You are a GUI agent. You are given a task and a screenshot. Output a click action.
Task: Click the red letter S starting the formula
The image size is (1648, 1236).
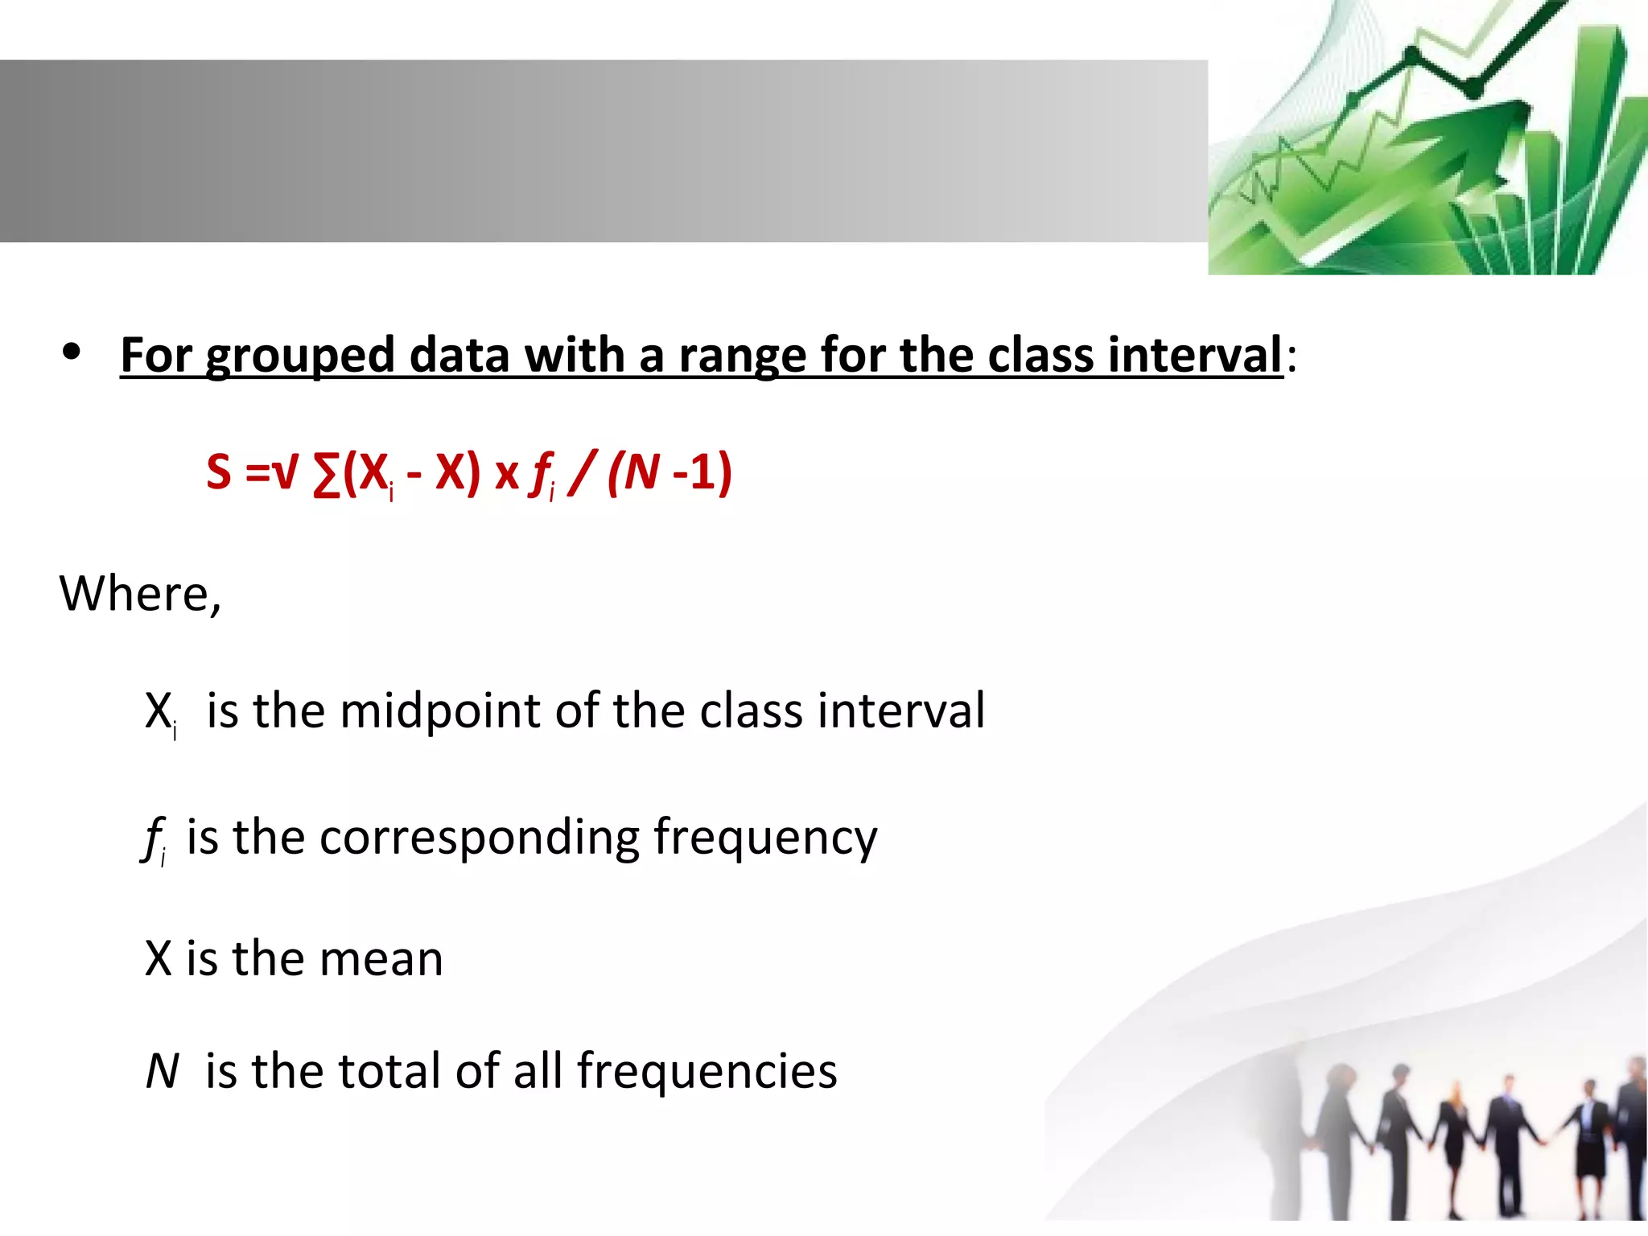click(219, 472)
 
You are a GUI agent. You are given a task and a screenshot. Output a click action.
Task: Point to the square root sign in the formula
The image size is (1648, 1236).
click(285, 472)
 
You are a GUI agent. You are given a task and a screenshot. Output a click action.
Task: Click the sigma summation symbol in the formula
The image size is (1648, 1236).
click(325, 475)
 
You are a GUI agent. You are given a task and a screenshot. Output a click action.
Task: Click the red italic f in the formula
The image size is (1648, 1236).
click(540, 475)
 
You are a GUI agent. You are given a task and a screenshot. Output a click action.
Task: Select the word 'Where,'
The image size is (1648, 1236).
click(140, 594)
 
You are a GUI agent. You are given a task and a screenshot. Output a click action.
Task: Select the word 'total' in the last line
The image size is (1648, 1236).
click(389, 1071)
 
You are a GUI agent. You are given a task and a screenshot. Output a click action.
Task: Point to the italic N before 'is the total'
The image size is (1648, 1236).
click(162, 1072)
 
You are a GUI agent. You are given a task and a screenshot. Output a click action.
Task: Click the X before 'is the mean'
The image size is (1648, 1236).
click(159, 958)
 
